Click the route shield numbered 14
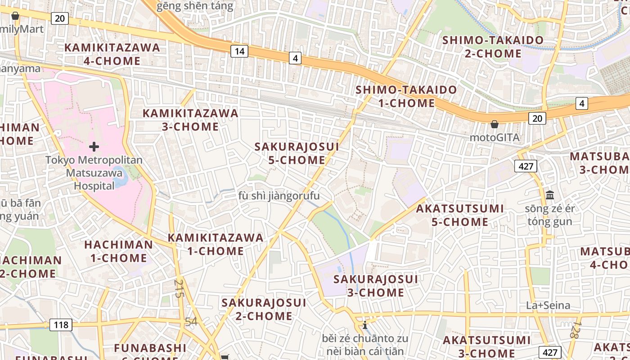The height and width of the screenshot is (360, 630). (x=239, y=51)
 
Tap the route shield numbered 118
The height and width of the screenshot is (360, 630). (x=61, y=325)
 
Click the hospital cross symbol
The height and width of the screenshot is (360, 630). (x=94, y=146)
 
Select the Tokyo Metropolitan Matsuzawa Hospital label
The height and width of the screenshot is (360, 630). (x=94, y=173)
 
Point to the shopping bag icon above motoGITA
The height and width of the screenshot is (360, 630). (x=495, y=124)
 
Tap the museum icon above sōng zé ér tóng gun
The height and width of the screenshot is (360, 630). (x=549, y=195)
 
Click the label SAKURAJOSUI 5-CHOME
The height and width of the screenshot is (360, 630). (x=297, y=153)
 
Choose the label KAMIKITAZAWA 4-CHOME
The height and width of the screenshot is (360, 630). (x=112, y=54)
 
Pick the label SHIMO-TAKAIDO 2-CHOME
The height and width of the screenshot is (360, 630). (x=493, y=47)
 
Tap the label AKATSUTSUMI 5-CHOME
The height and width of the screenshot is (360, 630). (x=460, y=215)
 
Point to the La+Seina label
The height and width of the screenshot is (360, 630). (x=548, y=306)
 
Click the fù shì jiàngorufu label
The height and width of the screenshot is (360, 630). (x=279, y=196)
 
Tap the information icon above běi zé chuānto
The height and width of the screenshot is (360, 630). (x=364, y=325)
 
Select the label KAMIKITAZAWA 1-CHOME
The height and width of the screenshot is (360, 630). (x=216, y=244)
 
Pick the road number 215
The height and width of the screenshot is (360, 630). (x=179, y=288)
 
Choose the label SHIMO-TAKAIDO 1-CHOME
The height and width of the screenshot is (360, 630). (x=406, y=96)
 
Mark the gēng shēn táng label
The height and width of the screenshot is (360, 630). (x=195, y=6)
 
